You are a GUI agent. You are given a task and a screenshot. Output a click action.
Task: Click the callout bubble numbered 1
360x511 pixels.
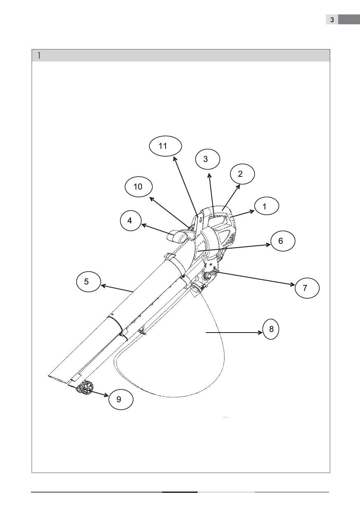[x=266, y=206]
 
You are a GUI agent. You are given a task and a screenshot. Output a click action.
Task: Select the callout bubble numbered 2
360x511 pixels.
[x=242, y=174]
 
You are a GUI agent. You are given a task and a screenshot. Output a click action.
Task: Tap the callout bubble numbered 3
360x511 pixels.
[x=208, y=159]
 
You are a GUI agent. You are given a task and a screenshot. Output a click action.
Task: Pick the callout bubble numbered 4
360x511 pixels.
[x=131, y=220]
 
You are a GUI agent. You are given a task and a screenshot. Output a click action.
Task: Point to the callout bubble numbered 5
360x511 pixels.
[x=89, y=281]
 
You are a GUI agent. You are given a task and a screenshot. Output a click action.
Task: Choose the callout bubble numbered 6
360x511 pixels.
[x=283, y=241]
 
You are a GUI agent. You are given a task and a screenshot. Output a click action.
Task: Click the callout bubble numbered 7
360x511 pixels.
[x=307, y=288]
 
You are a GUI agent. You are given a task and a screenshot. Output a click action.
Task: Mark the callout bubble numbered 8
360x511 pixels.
[x=271, y=329]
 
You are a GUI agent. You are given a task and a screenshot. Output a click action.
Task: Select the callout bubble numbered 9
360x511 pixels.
[x=121, y=399]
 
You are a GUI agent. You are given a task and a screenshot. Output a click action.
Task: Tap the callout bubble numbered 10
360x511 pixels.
[x=139, y=187]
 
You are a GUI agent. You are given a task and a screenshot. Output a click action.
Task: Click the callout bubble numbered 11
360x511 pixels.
[x=165, y=146]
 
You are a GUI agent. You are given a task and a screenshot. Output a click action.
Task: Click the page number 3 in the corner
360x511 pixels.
[x=332, y=20]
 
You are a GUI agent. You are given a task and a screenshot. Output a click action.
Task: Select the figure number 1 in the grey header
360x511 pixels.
[x=39, y=55]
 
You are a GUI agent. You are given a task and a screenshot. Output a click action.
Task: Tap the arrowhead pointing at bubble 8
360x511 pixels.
[x=260, y=333]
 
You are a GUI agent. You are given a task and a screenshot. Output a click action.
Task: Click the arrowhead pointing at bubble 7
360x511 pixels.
[x=292, y=284]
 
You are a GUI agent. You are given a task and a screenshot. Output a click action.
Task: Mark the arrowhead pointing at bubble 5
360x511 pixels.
[x=103, y=286]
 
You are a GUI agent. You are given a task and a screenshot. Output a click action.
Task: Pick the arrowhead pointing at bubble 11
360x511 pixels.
[x=175, y=159]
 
